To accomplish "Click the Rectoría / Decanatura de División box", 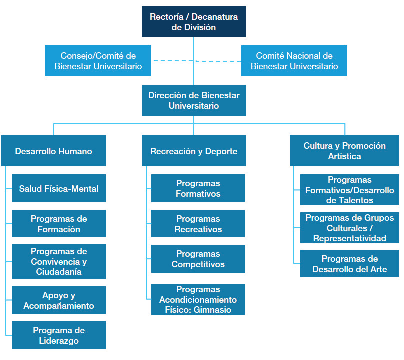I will [x=194, y=22].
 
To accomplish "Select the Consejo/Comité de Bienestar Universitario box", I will [x=98, y=61].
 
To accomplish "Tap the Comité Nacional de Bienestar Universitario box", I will [x=294, y=61].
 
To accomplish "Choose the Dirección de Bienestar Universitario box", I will [x=194, y=100].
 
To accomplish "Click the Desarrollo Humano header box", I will [x=53, y=151].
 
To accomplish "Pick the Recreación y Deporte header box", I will [x=194, y=151].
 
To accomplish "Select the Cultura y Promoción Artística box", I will [x=344, y=151].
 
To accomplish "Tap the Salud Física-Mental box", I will [x=59, y=188].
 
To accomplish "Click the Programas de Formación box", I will [x=59, y=224].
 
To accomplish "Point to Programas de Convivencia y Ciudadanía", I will [x=59, y=261].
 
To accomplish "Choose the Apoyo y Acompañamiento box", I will [x=59, y=300].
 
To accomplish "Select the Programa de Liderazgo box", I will [x=59, y=335].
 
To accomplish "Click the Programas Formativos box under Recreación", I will [x=198, y=188].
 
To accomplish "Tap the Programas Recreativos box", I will [x=198, y=224].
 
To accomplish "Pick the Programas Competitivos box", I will [x=198, y=259].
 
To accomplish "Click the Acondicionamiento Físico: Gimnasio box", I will [x=198, y=299].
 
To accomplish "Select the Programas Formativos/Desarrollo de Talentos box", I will [x=350, y=190].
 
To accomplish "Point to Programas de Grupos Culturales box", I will [x=350, y=228].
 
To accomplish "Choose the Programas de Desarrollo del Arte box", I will [x=350, y=264].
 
